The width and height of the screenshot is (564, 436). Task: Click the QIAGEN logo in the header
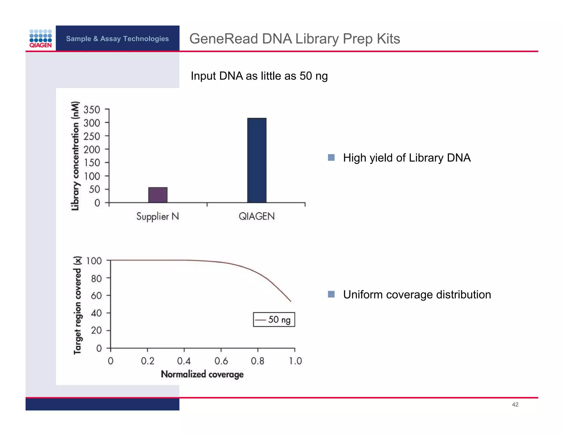(x=40, y=39)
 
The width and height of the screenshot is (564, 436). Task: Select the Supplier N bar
(x=158, y=195)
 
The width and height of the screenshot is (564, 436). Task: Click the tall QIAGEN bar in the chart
(x=257, y=160)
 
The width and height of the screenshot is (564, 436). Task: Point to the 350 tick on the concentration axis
(x=92, y=110)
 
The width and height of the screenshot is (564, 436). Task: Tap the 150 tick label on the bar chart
(x=92, y=163)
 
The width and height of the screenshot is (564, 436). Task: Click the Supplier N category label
(x=158, y=217)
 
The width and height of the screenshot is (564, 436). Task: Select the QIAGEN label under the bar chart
(x=257, y=217)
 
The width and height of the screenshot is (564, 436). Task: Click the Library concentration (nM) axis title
(x=75, y=156)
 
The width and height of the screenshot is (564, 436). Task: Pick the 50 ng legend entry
(x=274, y=320)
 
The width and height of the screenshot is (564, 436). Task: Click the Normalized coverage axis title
(x=202, y=374)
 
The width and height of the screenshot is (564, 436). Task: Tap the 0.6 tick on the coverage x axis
(x=221, y=361)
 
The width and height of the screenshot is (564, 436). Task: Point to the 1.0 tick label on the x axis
(x=295, y=361)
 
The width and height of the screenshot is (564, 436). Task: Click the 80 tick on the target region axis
(x=96, y=279)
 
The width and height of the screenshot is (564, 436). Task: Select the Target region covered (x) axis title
(x=78, y=305)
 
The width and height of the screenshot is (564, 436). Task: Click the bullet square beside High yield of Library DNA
(x=331, y=158)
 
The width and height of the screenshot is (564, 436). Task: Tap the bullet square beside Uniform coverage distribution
(x=331, y=294)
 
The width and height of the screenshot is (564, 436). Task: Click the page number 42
(x=515, y=405)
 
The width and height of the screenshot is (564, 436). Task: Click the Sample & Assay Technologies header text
(x=117, y=39)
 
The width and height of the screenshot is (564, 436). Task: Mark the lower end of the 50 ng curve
(x=291, y=301)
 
